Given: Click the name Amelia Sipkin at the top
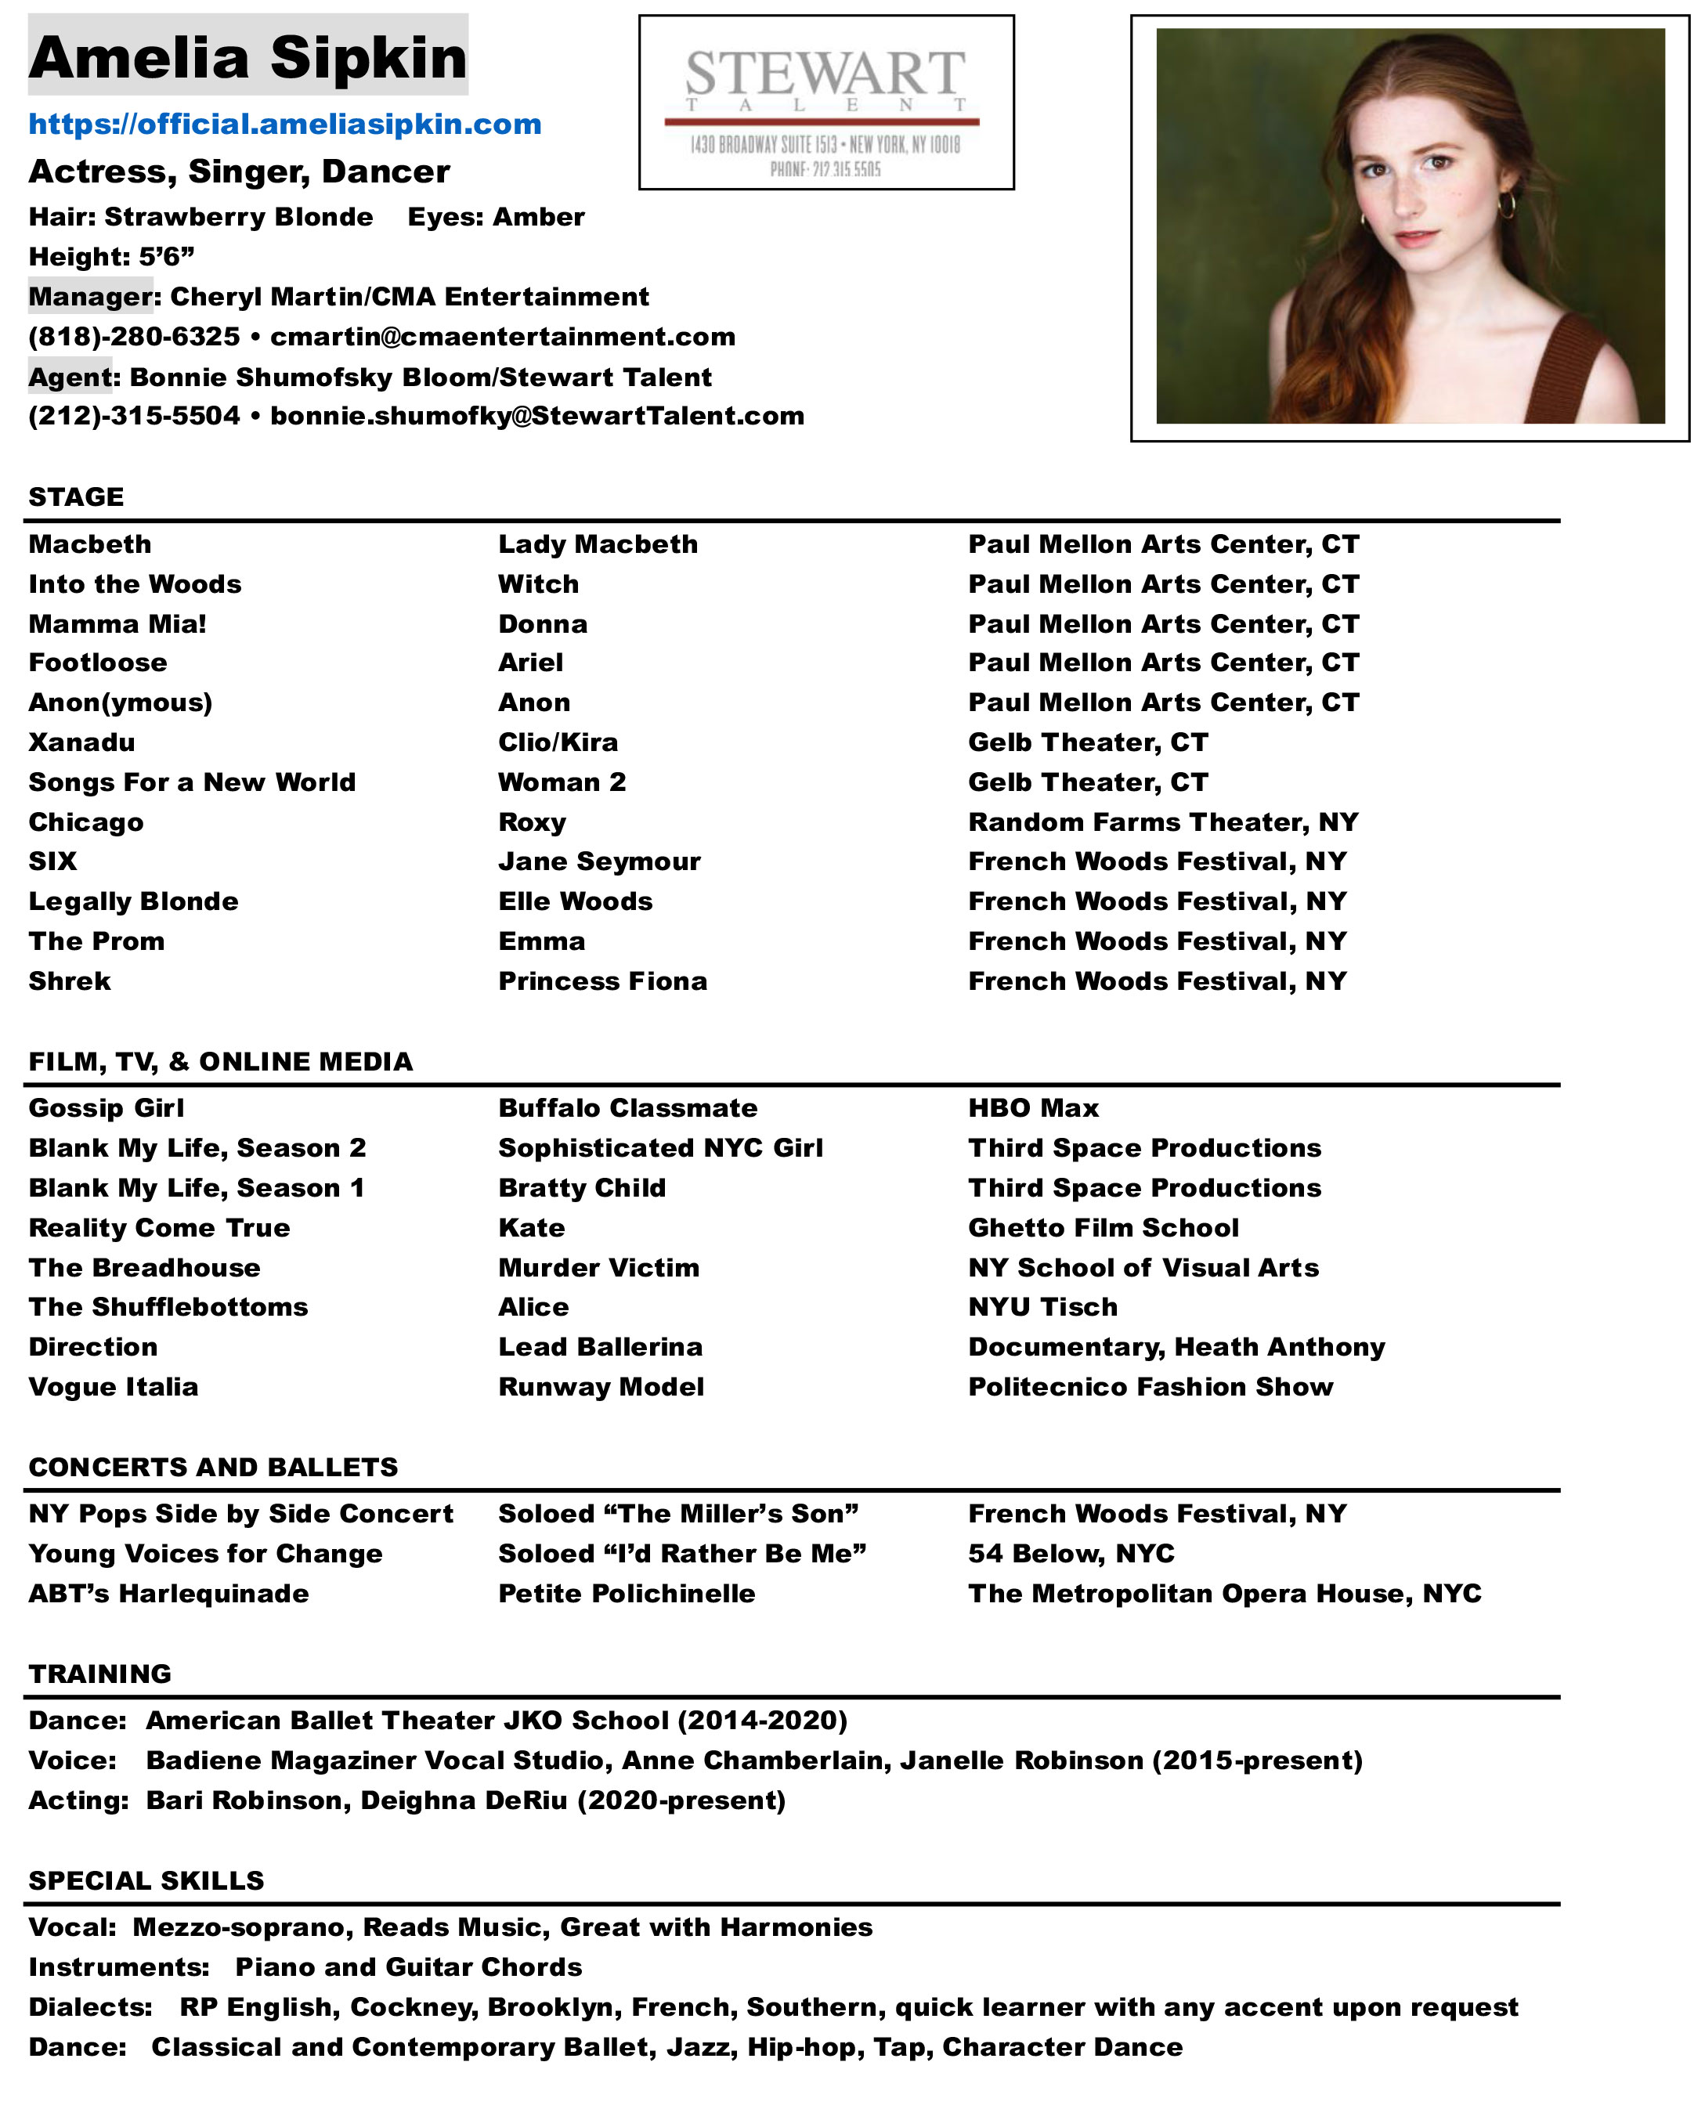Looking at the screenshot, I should pyautogui.click(x=247, y=57).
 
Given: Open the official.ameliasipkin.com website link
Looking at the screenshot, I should pyautogui.click(x=285, y=125).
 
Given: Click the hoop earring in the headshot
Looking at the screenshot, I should pyautogui.click(x=1505, y=205).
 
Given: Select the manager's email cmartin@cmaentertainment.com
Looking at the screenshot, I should pyautogui.click(x=502, y=337).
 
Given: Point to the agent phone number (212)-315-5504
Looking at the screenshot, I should pyautogui.click(x=134, y=417).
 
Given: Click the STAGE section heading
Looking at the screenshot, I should pyautogui.click(x=76, y=497).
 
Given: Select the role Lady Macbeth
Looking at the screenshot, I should pyautogui.click(x=597, y=545).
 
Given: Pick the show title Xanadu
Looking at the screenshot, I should pyautogui.click(x=81, y=742).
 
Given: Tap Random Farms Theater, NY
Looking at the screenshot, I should pyautogui.click(x=1163, y=822).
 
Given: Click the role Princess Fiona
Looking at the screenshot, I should pyautogui.click(x=602, y=980).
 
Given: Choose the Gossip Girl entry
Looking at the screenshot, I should pyautogui.click(x=106, y=1108).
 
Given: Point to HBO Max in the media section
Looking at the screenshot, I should pyautogui.click(x=1033, y=1108).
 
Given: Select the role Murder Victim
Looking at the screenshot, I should pyautogui.click(x=598, y=1268).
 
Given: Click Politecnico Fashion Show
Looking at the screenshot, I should pyautogui.click(x=1150, y=1388).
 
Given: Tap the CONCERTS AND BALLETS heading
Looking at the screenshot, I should pyautogui.click(x=213, y=1467).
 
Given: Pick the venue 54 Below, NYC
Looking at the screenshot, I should pyautogui.click(x=1071, y=1553).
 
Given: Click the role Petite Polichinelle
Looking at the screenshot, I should pyautogui.click(x=627, y=1594).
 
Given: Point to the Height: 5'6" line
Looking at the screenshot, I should pyautogui.click(x=111, y=257).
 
